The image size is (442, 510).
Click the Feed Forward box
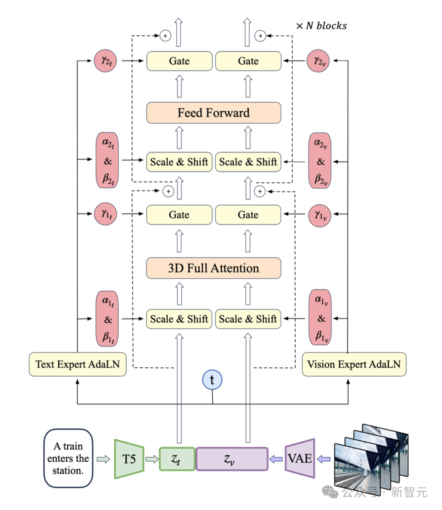pos(214,113)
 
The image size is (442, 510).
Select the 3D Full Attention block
pos(214,268)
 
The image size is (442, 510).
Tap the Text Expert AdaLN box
pos(77,364)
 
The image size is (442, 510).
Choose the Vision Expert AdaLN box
pos(354,364)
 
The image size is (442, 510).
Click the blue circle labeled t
pos(212,380)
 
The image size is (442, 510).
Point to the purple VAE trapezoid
pos(300,458)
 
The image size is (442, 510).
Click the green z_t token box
pos(177,459)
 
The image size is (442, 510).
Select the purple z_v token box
pos(232,459)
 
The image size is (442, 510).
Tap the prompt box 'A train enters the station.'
pos(68,458)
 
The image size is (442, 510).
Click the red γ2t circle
pos(106,61)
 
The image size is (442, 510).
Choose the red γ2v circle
pos(318,61)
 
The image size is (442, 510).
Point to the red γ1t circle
pos(106,214)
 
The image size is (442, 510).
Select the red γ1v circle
pos(319,214)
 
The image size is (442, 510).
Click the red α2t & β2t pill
pos(107,160)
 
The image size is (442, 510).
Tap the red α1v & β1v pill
pos(320,318)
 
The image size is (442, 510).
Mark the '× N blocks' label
pos(321,26)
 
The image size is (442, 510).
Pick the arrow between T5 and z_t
pos(152,459)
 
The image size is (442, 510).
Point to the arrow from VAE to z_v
pos(276,459)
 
